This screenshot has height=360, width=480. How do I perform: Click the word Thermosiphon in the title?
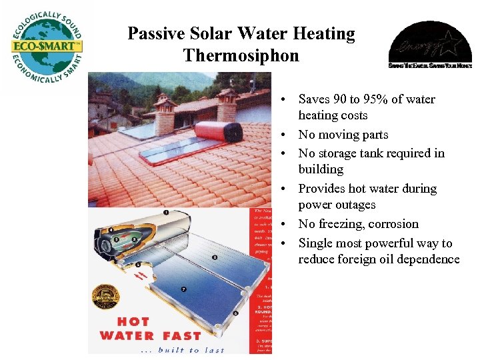click(x=241, y=55)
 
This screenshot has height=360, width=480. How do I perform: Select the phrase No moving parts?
click(x=343, y=135)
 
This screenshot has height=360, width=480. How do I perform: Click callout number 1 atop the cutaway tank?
click(x=165, y=213)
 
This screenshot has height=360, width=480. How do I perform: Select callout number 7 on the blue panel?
click(x=183, y=290)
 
